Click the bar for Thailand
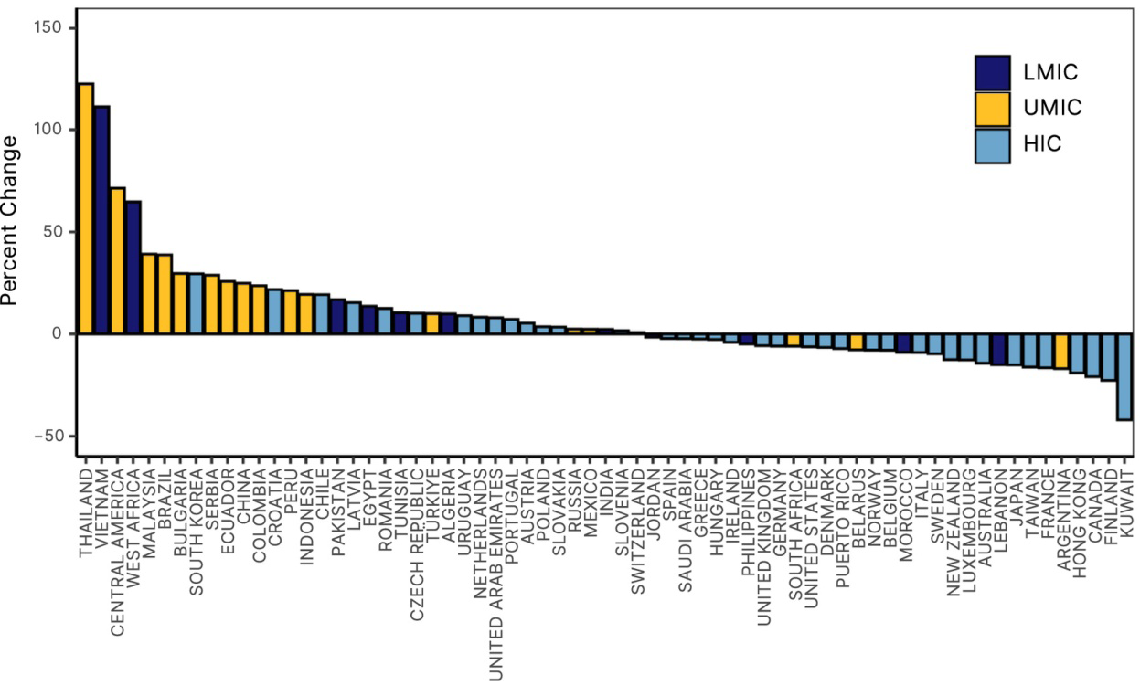(86, 208)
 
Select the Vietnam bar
(101, 220)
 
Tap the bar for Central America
(117, 261)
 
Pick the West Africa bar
(133, 268)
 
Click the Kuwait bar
(1124, 377)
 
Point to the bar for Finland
(1109, 357)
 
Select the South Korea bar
(196, 303)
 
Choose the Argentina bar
(1061, 351)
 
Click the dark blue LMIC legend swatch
(993, 73)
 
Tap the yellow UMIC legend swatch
(993, 109)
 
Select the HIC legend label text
(1042, 144)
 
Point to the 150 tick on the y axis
(48, 27)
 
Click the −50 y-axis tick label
(48, 437)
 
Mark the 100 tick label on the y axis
(48, 129)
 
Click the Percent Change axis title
(9, 221)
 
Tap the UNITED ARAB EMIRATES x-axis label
(495, 574)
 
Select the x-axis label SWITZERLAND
(638, 531)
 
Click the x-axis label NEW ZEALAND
(954, 532)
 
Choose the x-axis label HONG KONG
(1079, 522)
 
